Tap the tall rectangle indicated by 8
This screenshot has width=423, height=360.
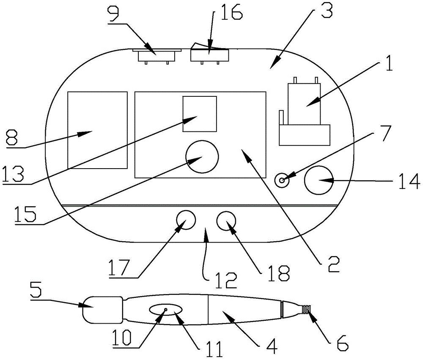click(98, 130)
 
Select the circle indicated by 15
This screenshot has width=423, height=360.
click(202, 157)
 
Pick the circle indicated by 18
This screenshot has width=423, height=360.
click(227, 221)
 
